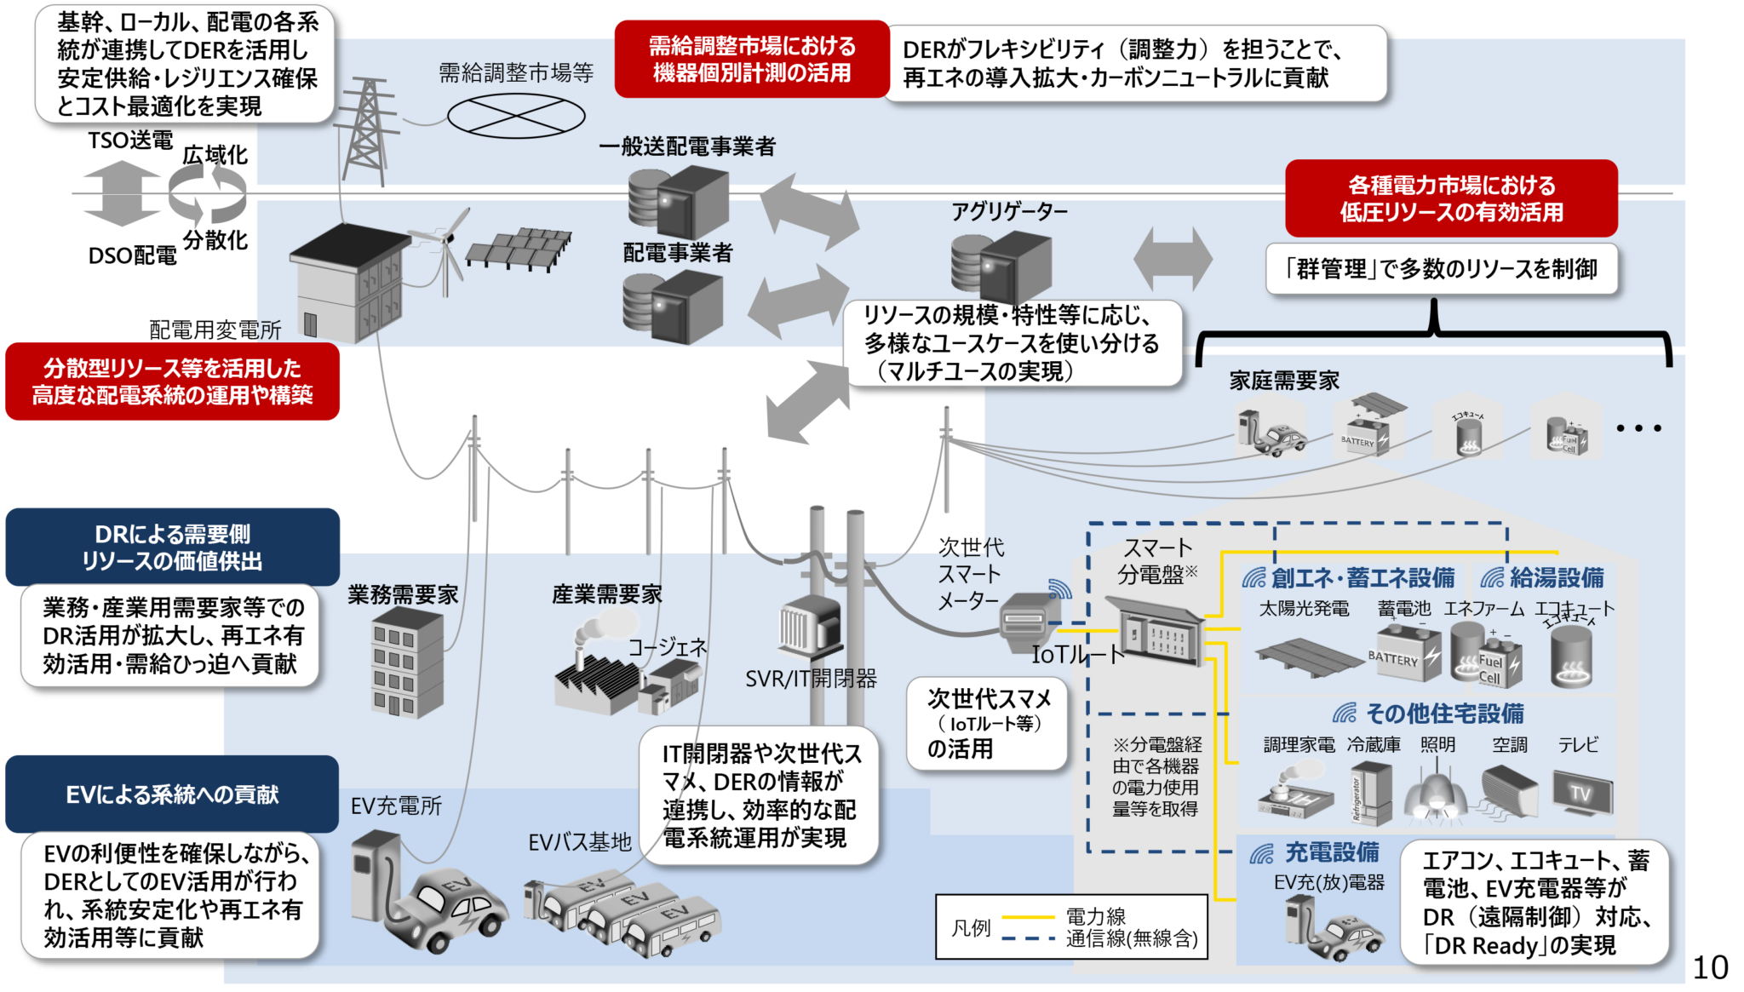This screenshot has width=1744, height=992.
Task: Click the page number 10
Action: pyautogui.click(x=1710, y=967)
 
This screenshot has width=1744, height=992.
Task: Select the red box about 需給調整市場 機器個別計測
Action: pyautogui.click(x=751, y=60)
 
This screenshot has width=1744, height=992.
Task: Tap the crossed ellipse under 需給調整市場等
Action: pyautogui.click(x=516, y=117)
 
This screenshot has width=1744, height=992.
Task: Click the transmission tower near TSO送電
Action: pyautogui.click(x=368, y=128)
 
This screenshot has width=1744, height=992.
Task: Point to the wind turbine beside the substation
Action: pyautogui.click(x=443, y=247)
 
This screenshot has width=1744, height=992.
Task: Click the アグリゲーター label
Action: pyautogui.click(x=1009, y=211)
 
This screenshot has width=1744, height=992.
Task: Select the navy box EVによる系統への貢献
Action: pyautogui.click(x=172, y=794)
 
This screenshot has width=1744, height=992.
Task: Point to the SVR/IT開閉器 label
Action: pyautogui.click(x=811, y=679)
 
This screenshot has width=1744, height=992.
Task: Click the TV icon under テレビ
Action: pyautogui.click(x=1582, y=792)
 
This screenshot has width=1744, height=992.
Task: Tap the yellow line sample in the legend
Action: pyautogui.click(x=1028, y=917)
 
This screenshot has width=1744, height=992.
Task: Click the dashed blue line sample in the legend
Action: pyautogui.click(x=1028, y=939)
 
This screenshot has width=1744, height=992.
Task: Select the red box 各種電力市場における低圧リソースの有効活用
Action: pyautogui.click(x=1451, y=198)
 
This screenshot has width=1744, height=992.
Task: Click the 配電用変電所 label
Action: pyautogui.click(x=215, y=330)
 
